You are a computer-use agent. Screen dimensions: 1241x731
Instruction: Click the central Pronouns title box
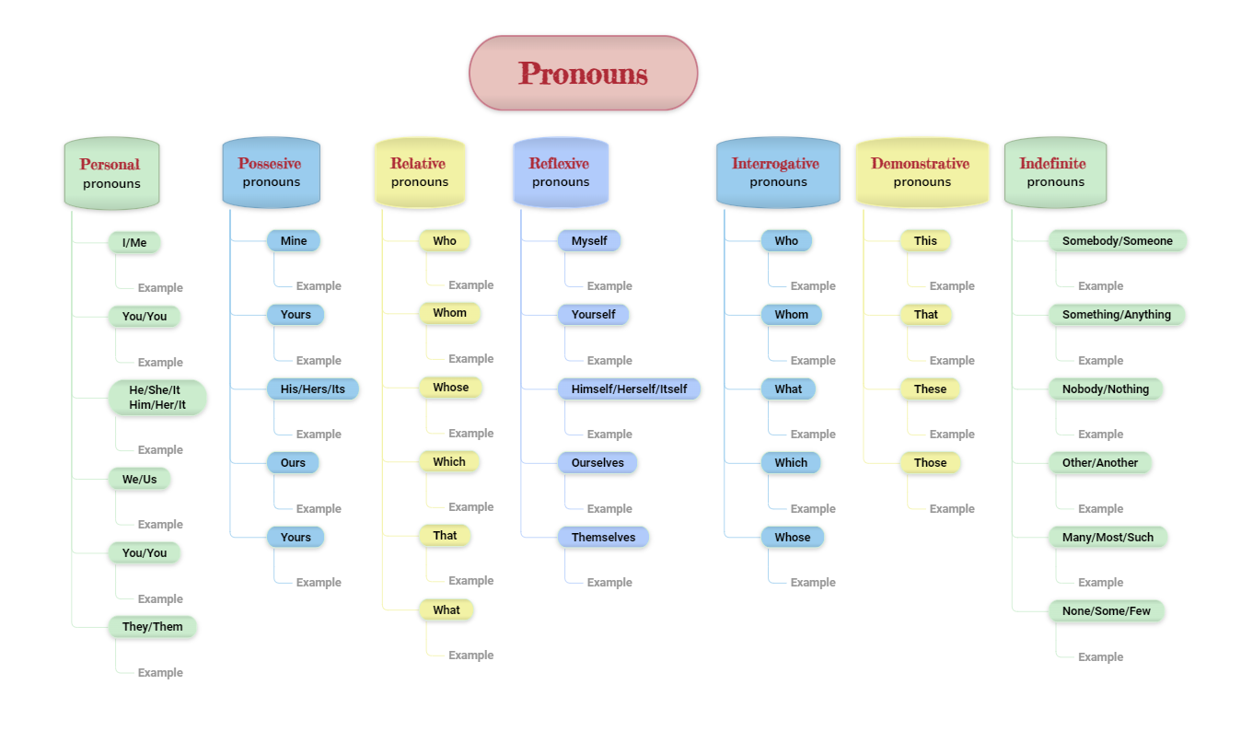(583, 73)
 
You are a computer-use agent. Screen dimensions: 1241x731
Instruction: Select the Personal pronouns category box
(112, 173)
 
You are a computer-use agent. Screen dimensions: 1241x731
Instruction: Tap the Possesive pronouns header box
(271, 172)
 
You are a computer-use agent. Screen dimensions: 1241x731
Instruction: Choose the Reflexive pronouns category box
(561, 172)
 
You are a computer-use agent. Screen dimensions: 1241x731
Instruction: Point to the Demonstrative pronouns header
(922, 172)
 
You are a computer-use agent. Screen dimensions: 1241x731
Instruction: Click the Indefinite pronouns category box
(1055, 172)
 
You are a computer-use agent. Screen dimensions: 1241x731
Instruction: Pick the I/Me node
(134, 242)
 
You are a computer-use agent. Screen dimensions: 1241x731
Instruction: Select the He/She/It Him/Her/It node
(157, 398)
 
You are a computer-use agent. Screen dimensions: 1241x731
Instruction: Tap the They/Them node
(152, 627)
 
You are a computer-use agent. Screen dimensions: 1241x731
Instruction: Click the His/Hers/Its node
(312, 389)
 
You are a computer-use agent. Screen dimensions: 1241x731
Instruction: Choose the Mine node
(294, 241)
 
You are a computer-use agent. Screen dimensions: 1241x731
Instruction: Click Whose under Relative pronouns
(450, 388)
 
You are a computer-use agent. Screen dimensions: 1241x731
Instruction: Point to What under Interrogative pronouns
(788, 389)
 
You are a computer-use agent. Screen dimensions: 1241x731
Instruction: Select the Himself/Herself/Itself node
(629, 389)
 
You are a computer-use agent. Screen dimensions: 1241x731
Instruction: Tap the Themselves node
(603, 537)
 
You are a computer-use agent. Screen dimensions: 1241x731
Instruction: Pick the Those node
(930, 463)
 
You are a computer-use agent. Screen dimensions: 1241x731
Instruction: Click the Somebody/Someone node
(1118, 241)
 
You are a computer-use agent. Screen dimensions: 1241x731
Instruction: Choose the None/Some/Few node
(1107, 610)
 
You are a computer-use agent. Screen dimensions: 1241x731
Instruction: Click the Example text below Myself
(609, 286)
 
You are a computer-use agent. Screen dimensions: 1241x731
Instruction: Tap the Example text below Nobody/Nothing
(1101, 434)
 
